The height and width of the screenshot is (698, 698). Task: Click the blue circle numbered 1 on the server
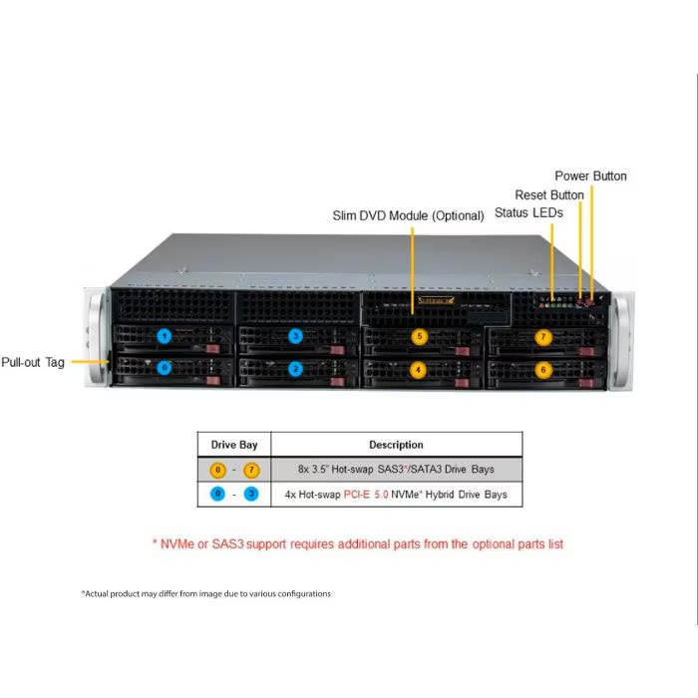point(165,336)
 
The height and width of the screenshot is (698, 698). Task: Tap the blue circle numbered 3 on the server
point(295,336)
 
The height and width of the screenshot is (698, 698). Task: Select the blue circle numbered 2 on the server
point(295,368)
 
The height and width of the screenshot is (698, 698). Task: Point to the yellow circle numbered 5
point(420,337)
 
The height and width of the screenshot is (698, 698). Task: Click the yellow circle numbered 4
point(420,369)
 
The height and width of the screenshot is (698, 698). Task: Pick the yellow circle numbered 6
point(543,369)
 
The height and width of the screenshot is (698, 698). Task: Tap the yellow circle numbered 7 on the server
point(543,337)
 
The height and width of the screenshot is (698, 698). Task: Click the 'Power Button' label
point(591,175)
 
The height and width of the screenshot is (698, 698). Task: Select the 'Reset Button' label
point(549,194)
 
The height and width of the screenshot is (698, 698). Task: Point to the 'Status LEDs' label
point(528,212)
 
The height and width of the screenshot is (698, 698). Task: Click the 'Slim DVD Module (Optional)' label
point(409,215)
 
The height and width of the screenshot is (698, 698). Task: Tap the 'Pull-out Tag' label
point(33,362)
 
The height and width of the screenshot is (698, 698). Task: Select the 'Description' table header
point(396,445)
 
